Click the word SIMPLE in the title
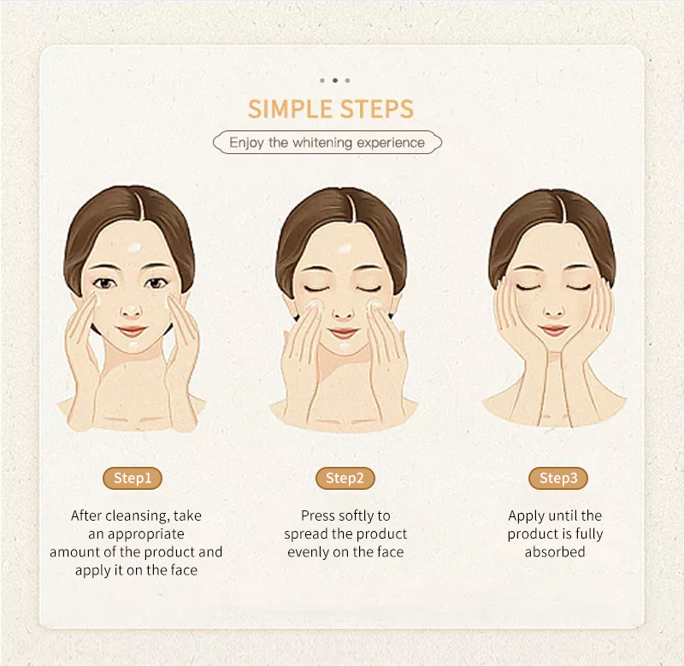[x=290, y=109]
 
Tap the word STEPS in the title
[x=376, y=109]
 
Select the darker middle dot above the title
[x=335, y=80]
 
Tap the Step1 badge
[x=133, y=478]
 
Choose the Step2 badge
[x=345, y=478]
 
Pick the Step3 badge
[x=558, y=478]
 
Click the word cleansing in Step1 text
[x=138, y=516]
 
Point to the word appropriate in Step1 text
[x=145, y=534]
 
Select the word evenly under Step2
[x=308, y=552]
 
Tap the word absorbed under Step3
[x=555, y=551]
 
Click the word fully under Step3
[x=589, y=534]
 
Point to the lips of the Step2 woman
[x=343, y=333]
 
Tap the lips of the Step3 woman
[x=553, y=330]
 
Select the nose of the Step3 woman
[x=553, y=310]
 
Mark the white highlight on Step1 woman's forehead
[x=134, y=248]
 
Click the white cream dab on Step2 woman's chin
[x=344, y=347]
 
